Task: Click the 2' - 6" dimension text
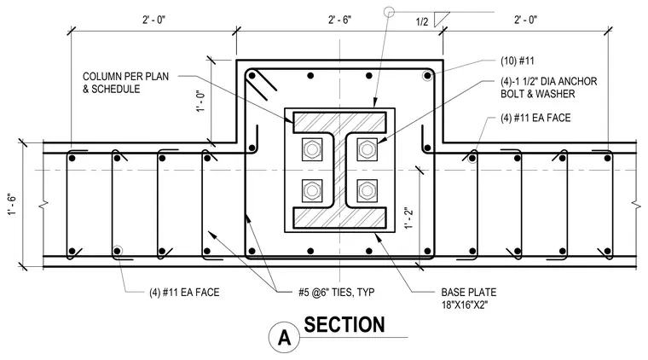point(339,20)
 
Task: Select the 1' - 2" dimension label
point(408,218)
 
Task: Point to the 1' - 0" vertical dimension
point(201,102)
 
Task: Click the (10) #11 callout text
point(518,61)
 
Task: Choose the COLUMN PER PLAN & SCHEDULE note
point(125,83)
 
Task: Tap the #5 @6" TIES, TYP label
point(337,293)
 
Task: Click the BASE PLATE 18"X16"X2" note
point(469,299)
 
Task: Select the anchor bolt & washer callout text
point(549,88)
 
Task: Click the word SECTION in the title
point(344,325)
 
